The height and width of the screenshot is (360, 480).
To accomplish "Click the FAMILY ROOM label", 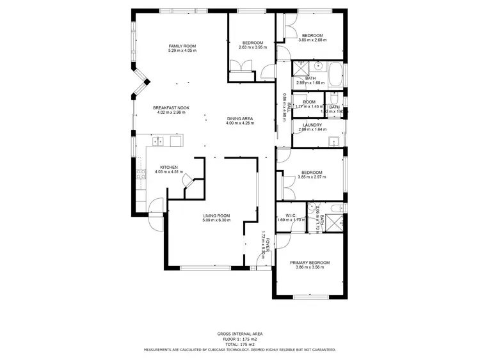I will [182, 46].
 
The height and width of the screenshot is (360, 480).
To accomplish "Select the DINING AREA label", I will [240, 118].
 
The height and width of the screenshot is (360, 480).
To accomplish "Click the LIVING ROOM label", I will [216, 215].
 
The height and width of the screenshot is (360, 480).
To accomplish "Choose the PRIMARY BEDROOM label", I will [310, 263].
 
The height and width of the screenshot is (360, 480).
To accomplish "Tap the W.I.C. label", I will [285, 215].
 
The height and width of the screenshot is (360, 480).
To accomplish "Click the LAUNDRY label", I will [312, 125].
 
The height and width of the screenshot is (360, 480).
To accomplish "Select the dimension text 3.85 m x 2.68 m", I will [312, 40].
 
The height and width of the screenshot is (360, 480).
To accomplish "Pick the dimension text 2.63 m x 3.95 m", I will [251, 47].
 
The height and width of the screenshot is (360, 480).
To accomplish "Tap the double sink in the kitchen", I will [160, 141].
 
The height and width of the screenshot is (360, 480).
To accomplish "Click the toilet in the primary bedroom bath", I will [337, 208].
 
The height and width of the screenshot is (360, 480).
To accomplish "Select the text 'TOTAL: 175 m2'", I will [239, 345].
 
